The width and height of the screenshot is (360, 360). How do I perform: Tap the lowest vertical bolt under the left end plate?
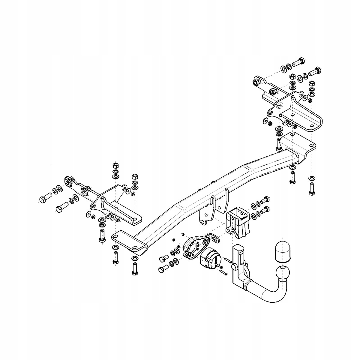tap(134, 268)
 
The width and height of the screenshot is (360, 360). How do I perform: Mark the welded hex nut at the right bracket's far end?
tap(256, 82)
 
